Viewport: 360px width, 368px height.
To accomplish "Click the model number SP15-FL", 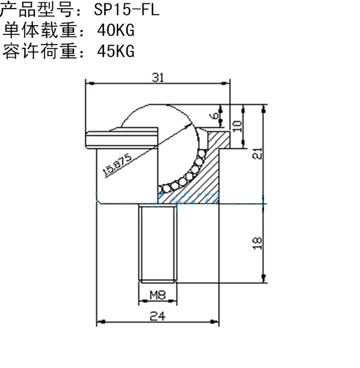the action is coord(127,10).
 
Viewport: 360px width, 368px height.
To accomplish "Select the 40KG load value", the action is coord(116,30).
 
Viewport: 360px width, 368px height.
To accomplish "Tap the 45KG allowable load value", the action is coord(116,51).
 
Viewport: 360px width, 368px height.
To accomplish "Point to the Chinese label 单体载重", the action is coord(40,30).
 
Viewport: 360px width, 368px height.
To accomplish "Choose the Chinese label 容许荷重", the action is coord(40,51).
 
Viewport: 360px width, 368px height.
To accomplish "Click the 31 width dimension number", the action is coord(158,77).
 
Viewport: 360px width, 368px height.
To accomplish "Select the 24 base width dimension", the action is coord(157,316).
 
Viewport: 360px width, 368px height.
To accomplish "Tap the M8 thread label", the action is coord(157,295).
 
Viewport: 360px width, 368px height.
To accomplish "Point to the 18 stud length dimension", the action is coord(257,243).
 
